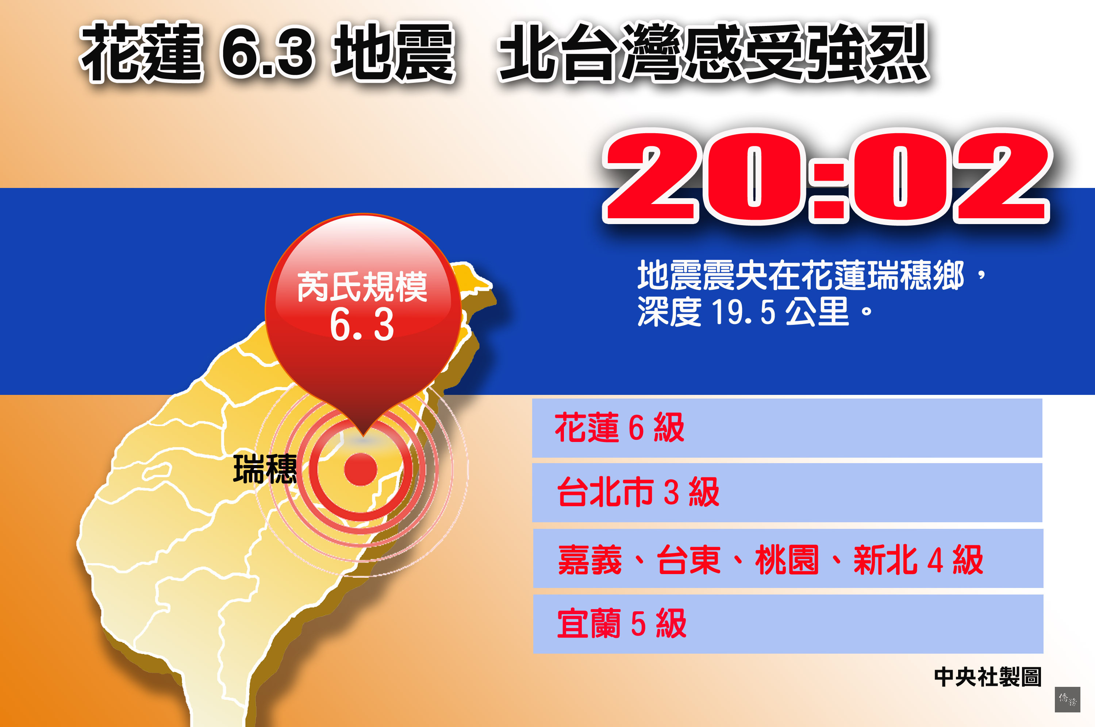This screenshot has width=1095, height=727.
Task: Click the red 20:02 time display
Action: pyautogui.click(x=827, y=177)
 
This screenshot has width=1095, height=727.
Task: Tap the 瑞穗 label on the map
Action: pyautogui.click(x=265, y=469)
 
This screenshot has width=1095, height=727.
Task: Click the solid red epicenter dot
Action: pyautogui.click(x=361, y=469)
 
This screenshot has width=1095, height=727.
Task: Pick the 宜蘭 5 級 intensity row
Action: pyautogui.click(x=788, y=624)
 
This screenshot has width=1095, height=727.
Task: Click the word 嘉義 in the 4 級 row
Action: pyautogui.click(x=590, y=559)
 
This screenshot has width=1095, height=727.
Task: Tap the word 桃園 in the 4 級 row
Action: pyautogui.click(x=787, y=559)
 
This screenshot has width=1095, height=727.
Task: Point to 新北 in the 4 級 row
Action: pyautogui.click(x=885, y=559)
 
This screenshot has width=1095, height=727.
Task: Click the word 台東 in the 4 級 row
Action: pyautogui.click(x=688, y=559)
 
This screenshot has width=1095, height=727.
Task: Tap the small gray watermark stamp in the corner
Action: pyautogui.click(x=1067, y=700)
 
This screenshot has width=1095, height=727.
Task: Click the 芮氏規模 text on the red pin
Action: pyautogui.click(x=362, y=287)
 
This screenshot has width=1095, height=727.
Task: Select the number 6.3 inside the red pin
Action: pyautogui.click(x=362, y=324)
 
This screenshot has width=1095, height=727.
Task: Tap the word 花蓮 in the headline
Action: pyautogui.click(x=141, y=52)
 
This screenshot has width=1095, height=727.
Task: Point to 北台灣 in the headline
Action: pyautogui.click(x=591, y=52)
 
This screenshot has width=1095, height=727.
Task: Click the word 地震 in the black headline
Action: pyautogui.click(x=395, y=52)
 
